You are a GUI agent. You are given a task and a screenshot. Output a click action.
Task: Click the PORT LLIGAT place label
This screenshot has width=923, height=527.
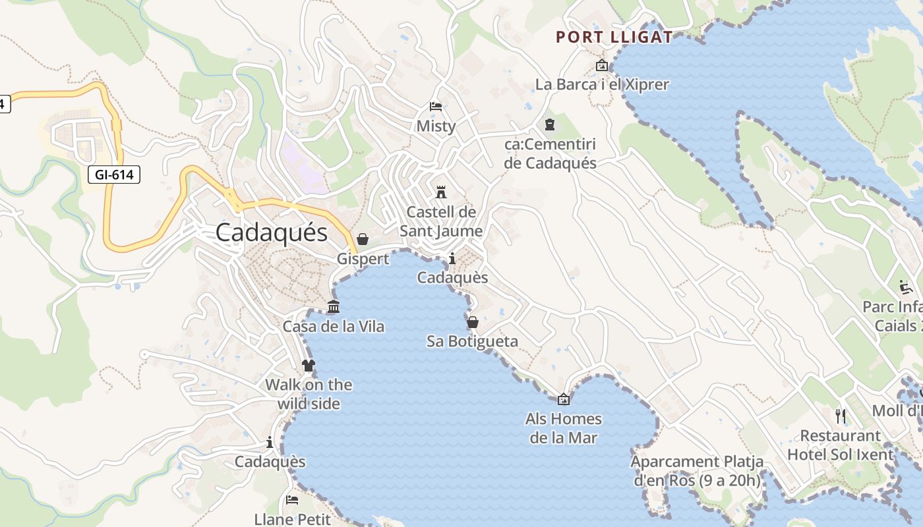pos(614,37)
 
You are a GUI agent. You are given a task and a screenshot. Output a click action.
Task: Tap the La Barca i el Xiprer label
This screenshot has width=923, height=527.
pos(602,84)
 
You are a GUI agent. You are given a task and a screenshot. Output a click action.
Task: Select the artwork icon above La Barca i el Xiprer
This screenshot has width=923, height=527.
pos(601,65)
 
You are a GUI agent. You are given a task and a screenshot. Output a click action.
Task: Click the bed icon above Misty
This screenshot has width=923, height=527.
pos(435,107)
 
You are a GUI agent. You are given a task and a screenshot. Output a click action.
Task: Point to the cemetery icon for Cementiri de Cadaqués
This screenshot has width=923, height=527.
pos(550,125)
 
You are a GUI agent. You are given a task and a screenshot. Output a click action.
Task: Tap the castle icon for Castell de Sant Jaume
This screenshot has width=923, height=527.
pos(441,192)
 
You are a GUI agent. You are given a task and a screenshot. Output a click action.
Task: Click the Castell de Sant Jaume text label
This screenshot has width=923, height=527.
pos(441,221)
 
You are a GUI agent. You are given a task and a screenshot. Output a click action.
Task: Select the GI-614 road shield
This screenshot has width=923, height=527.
pos(114,175)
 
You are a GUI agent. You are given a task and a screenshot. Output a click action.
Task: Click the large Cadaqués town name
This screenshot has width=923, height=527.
pos(272,233)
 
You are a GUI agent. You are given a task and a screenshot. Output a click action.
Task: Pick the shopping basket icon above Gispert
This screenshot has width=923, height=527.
pos(363,239)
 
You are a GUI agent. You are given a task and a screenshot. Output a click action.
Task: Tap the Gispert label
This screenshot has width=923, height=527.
pos(363,259)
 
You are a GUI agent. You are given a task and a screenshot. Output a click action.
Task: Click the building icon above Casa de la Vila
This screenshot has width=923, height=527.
pos(334,307)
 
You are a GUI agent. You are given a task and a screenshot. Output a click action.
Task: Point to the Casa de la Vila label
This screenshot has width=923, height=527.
pos(334,326)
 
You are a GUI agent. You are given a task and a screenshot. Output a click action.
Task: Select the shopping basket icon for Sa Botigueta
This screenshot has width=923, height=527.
pos(473,322)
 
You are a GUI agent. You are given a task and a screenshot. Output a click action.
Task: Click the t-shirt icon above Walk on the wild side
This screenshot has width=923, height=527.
pos(309,366)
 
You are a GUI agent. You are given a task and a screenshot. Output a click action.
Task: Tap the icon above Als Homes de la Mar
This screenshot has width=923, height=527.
pos(564,399)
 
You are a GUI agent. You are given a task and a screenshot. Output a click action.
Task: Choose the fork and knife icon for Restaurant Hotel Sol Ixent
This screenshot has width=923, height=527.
pos(841,416)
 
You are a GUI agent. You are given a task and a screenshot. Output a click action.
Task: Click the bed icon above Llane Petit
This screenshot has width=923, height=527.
pos(292,500)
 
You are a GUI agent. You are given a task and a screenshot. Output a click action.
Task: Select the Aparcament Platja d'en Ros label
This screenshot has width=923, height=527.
pos(698,471)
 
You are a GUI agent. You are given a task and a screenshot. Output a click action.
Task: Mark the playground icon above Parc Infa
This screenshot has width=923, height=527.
pos(906,287)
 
